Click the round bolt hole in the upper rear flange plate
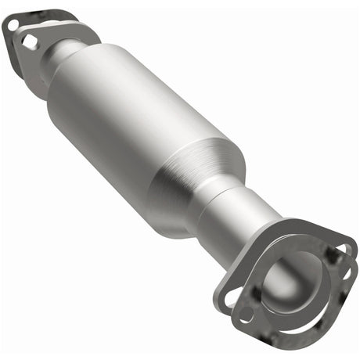[13, 25]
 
